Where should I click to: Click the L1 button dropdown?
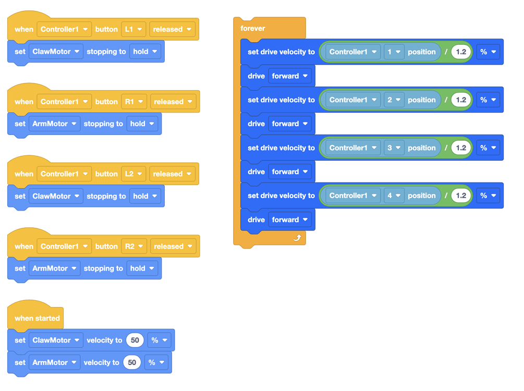[x=133, y=29]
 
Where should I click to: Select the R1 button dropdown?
[x=134, y=102]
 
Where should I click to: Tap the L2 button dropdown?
[x=133, y=174]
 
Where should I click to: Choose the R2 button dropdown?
[x=134, y=247]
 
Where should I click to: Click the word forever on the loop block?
[x=253, y=28]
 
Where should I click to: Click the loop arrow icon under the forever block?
[x=297, y=238]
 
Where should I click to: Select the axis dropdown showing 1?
[x=394, y=52]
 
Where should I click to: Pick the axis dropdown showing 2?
[x=394, y=100]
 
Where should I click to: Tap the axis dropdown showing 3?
[x=394, y=148]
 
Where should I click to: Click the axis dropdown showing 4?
[x=394, y=196]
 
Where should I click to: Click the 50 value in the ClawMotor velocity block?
[x=135, y=340]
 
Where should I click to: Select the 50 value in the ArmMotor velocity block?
[x=132, y=363]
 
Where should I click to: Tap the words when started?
[x=37, y=318]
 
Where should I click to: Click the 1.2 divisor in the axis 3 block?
[x=461, y=148]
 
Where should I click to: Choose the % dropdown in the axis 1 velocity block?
[x=488, y=52]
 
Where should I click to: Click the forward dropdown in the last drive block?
[x=290, y=220]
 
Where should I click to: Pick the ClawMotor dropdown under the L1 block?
[x=56, y=52]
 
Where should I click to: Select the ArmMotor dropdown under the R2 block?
[x=54, y=268]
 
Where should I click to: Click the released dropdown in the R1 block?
[x=173, y=102]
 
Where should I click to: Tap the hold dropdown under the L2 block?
[x=145, y=197]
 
